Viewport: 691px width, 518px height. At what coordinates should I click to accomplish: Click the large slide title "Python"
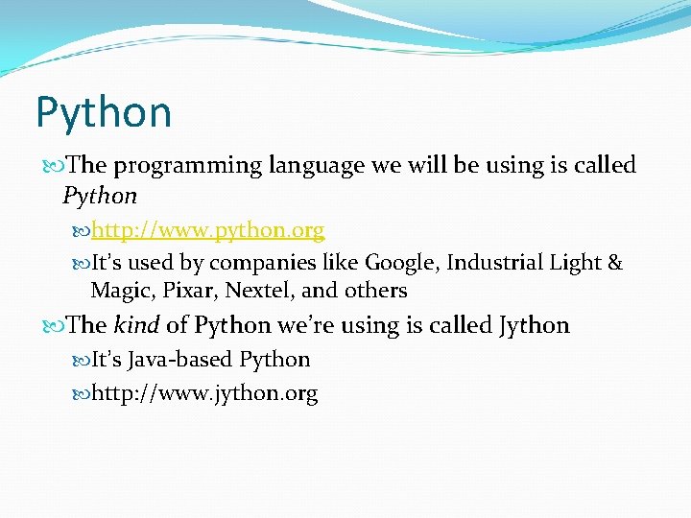(x=104, y=112)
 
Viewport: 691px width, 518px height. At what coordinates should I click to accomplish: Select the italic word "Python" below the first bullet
(x=100, y=197)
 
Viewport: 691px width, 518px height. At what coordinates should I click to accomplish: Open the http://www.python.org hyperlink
(x=208, y=231)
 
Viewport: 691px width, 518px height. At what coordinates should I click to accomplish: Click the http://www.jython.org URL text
(x=204, y=393)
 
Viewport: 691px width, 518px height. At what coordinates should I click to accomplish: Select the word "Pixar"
(x=187, y=291)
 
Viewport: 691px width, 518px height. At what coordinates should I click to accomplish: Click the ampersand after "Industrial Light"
(x=615, y=263)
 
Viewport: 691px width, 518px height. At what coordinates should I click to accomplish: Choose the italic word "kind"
(x=137, y=326)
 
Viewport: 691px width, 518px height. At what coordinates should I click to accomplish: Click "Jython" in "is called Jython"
(x=535, y=326)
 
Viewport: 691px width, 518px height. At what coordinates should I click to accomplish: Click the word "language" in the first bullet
(x=316, y=166)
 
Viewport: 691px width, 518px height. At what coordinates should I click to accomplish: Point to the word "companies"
(x=253, y=263)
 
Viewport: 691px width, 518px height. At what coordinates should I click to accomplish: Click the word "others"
(x=375, y=291)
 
